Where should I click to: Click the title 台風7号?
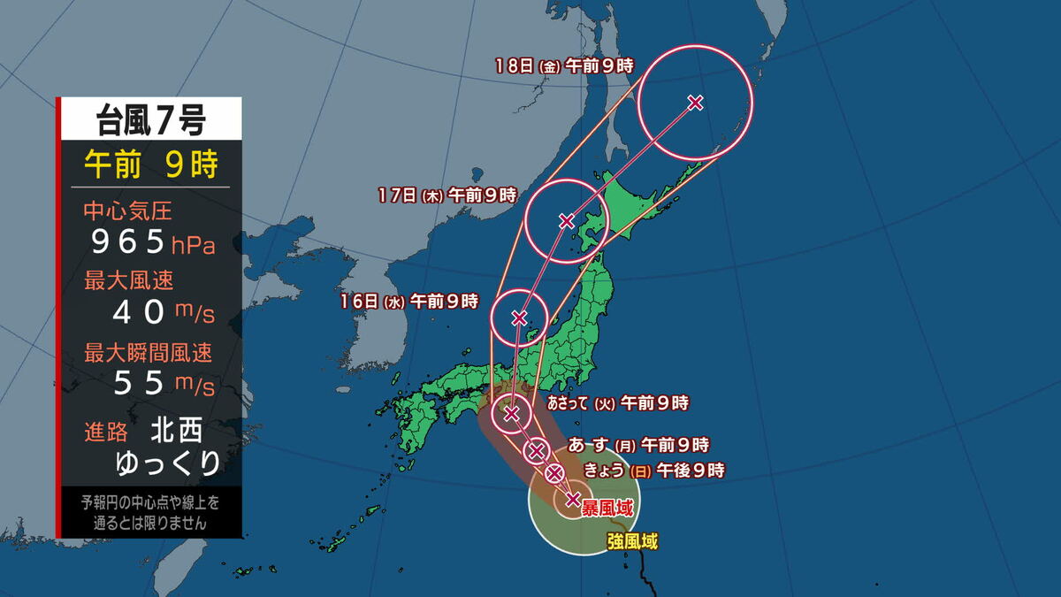[x=149, y=119]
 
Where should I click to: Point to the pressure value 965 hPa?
[x=149, y=241]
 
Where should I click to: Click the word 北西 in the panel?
[x=177, y=431]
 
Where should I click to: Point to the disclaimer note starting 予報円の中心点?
[x=149, y=512]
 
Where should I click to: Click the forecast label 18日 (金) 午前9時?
[x=564, y=65]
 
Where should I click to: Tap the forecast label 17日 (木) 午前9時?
[x=446, y=194]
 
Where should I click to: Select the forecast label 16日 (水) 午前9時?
[x=409, y=302]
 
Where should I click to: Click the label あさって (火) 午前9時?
[x=618, y=403]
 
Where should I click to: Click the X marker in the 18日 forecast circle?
[x=695, y=103]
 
